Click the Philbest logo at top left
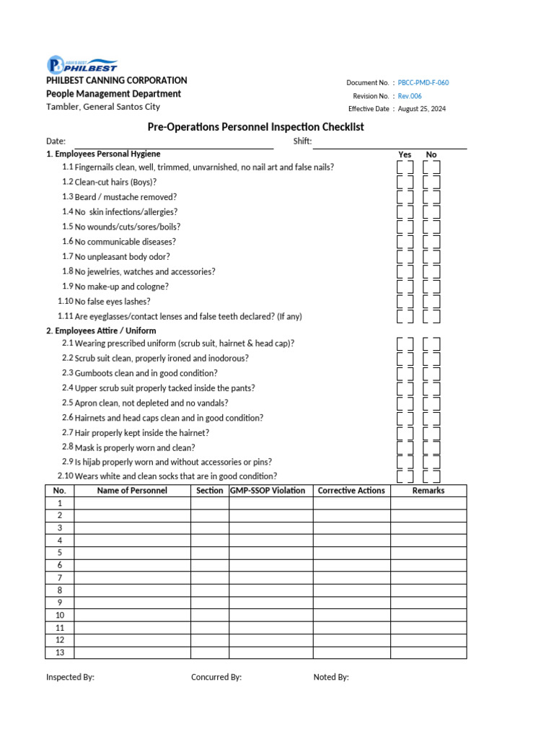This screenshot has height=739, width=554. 82,64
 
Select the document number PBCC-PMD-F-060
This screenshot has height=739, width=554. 423,83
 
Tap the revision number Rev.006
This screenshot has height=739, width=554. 410,96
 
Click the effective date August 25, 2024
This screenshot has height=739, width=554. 422,109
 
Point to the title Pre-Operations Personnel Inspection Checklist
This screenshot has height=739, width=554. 255,127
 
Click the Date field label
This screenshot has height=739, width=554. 56,141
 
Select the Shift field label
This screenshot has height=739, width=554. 302,141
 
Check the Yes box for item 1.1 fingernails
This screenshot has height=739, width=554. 405,167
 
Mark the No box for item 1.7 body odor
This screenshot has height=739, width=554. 431,257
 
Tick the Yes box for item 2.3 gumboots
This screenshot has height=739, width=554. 405,374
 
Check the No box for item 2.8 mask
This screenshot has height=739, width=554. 431,447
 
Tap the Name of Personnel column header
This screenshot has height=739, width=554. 132,491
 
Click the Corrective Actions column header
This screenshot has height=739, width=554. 351,491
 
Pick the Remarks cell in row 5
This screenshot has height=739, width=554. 428,553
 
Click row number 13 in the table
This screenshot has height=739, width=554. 60,652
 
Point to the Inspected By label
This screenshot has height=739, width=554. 70,677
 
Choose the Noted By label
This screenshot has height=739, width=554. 331,677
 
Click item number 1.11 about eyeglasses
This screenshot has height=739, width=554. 65,316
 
